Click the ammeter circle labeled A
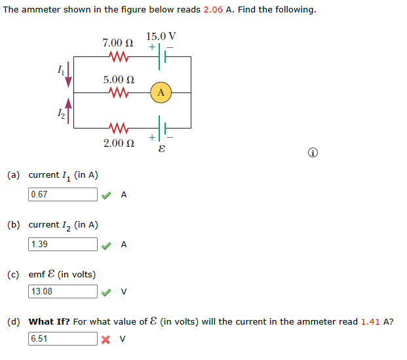(161, 92)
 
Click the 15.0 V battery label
(161, 35)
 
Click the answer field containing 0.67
(63, 194)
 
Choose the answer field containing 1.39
(63, 244)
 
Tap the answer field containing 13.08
(63, 291)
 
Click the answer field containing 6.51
(63, 339)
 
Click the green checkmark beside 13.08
(106, 291)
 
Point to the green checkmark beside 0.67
(106, 194)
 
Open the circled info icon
(313, 153)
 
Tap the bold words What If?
(50, 321)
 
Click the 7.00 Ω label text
(118, 43)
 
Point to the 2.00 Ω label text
(119, 142)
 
